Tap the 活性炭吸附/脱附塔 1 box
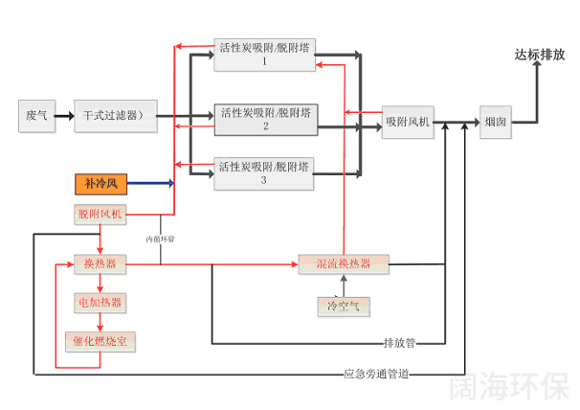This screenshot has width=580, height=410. point(264,56)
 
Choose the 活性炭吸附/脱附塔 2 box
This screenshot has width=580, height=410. point(265,118)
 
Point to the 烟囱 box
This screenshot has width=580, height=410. point(496,122)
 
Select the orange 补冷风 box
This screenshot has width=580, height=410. point(100,182)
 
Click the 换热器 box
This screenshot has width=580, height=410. point(100,262)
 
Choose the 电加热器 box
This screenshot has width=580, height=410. point(100,302)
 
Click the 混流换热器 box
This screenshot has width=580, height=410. point(342,262)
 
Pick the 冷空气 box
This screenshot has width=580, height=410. point(342,306)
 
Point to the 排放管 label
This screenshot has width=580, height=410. point(399,342)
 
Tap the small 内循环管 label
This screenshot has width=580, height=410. point(160,239)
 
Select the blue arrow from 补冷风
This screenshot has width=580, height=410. point(149,182)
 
